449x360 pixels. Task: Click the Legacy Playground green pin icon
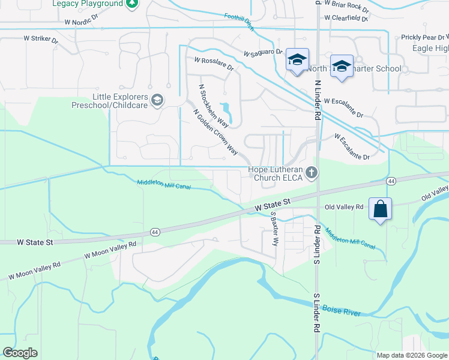(x=133, y=4)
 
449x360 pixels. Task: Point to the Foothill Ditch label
(x=239, y=21)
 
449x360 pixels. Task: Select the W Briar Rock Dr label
(x=346, y=5)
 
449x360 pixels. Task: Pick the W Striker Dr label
(x=41, y=38)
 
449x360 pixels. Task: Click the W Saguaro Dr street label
(x=263, y=53)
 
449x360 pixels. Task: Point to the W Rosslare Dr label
(x=214, y=63)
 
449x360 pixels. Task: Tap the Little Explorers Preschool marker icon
(x=157, y=100)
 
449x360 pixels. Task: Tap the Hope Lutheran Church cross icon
(x=311, y=173)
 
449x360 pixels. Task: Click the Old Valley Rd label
(x=344, y=207)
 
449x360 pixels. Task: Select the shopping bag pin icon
(x=380, y=209)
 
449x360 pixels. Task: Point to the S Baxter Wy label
(x=275, y=229)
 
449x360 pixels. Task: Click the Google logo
(x=20, y=353)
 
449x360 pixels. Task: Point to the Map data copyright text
(x=411, y=355)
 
